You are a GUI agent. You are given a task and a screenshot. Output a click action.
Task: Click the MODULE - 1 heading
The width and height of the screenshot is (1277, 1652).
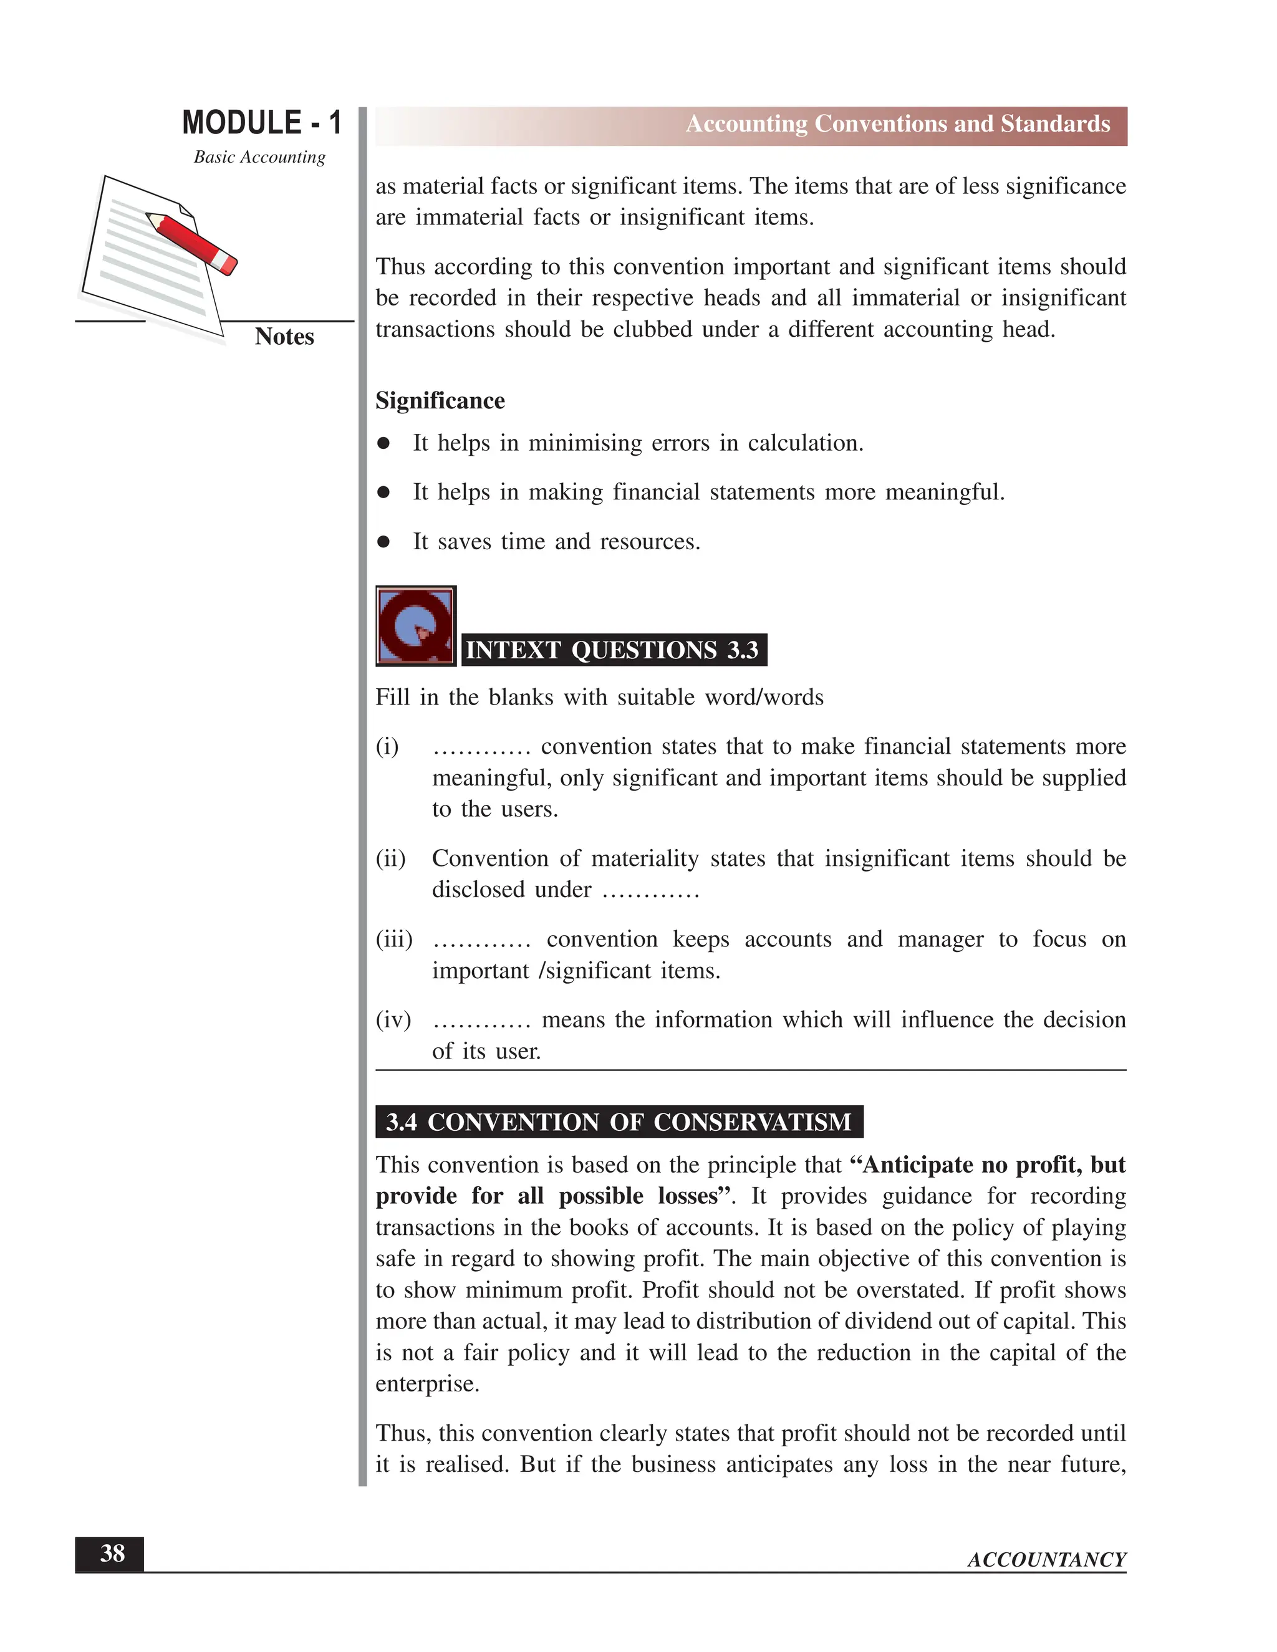[x=262, y=123]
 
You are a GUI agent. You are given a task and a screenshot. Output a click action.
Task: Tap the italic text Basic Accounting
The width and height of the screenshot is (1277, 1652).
[x=259, y=157]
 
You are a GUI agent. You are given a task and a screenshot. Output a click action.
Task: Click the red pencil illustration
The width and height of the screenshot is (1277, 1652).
[x=193, y=243]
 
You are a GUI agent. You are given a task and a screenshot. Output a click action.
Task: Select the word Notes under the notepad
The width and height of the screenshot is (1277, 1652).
[x=284, y=337]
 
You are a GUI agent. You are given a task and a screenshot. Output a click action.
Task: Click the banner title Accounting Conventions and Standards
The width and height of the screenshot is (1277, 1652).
[x=897, y=124]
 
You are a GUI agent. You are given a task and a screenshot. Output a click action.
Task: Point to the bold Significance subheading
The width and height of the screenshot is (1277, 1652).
[x=440, y=401]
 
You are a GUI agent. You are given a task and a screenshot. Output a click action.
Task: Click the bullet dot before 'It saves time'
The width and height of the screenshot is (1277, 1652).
[x=383, y=542]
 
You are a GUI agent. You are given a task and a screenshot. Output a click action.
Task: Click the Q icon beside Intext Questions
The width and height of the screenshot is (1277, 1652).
[x=415, y=627]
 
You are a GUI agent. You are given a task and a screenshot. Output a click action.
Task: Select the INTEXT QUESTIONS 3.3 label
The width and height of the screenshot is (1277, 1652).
[x=612, y=650]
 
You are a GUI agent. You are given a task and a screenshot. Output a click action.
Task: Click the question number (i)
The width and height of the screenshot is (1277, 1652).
[x=387, y=747]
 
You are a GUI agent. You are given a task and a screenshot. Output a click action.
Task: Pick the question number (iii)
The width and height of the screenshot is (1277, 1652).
[x=394, y=939]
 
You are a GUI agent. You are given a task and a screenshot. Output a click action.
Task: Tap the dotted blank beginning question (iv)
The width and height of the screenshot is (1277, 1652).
[x=482, y=1022]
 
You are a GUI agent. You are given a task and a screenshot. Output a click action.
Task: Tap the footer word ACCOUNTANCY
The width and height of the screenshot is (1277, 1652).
[x=1046, y=1560]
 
